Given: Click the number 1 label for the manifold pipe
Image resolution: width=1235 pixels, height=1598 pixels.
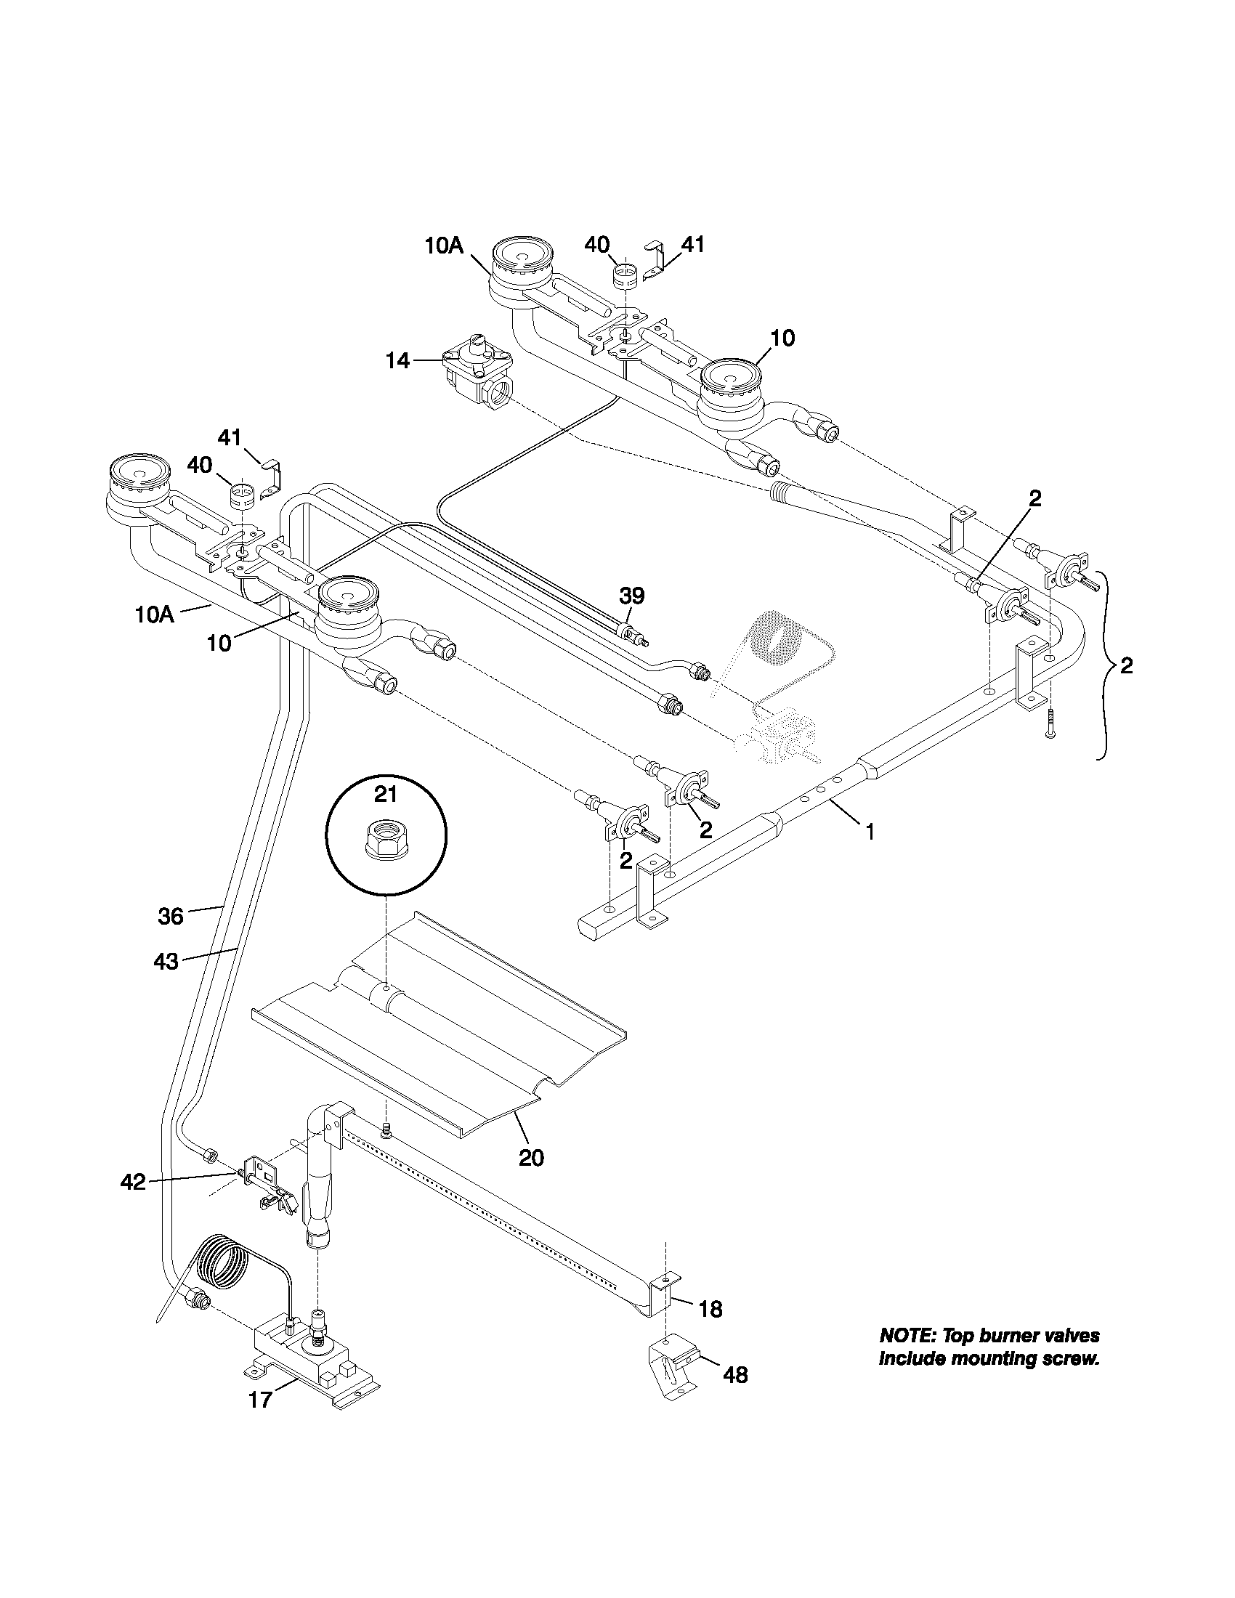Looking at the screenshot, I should tap(870, 832).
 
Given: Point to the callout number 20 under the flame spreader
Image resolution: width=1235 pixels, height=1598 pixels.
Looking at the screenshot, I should tap(531, 1158).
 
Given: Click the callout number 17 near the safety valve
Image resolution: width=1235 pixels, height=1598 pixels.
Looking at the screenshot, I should tap(261, 1400).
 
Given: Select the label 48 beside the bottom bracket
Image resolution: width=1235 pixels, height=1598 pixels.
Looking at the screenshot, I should tap(735, 1375).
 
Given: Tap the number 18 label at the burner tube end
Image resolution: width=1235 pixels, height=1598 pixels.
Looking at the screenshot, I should tap(710, 1309).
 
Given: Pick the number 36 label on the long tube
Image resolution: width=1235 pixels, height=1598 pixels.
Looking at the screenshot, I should tap(171, 915).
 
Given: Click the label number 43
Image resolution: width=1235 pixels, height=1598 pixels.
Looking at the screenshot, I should tap(166, 961).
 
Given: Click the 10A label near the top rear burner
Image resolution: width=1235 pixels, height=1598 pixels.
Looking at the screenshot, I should tap(444, 246).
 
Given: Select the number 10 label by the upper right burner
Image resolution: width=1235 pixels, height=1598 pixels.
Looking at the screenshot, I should tap(782, 338).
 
